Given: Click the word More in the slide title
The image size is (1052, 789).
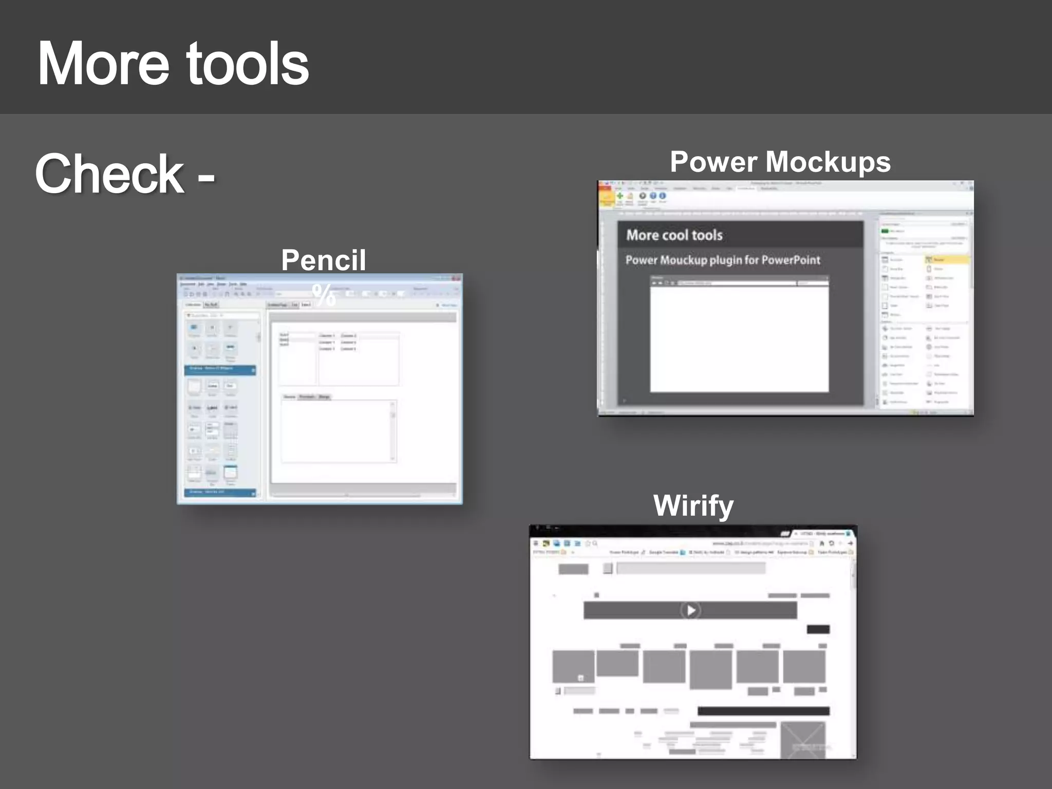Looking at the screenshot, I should click(x=103, y=64).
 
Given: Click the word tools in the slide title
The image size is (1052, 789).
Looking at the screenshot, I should click(x=247, y=64).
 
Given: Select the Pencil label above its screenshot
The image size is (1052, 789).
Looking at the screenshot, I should click(x=324, y=260).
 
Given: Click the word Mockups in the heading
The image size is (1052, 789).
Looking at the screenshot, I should click(x=828, y=162).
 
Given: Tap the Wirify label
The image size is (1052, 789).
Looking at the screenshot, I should click(x=693, y=505).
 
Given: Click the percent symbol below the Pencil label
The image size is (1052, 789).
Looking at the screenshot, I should click(x=324, y=295).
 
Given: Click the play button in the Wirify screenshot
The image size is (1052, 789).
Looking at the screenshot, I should click(x=690, y=610).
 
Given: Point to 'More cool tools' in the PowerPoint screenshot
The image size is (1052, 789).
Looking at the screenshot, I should click(x=674, y=235).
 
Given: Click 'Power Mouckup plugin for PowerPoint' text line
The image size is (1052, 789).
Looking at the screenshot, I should click(x=723, y=260).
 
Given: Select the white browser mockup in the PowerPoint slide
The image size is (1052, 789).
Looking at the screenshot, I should click(x=739, y=336).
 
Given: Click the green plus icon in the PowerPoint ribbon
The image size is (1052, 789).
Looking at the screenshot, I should click(x=620, y=196).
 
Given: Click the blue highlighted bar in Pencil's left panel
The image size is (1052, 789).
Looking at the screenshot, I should click(x=220, y=369).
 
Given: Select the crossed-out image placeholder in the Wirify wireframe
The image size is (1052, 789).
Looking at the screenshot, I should click(x=803, y=740).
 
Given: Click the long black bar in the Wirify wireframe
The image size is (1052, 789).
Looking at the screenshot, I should click(x=763, y=711).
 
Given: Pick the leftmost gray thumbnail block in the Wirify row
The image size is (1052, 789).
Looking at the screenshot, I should click(x=573, y=666).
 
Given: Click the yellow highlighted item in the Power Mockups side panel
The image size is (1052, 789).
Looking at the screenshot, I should click(x=947, y=260).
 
